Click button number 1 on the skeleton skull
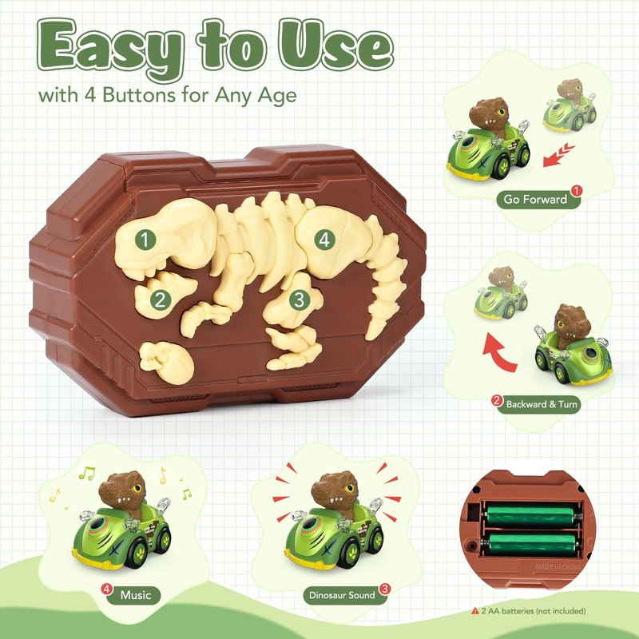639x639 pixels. click(x=145, y=239)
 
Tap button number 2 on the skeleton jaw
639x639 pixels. click(x=161, y=300)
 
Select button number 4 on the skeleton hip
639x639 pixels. click(x=324, y=240)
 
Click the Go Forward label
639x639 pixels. click(x=535, y=199)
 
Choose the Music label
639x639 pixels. click(x=135, y=595)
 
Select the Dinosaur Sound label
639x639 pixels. click(x=342, y=595)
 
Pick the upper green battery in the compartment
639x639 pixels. click(x=533, y=515)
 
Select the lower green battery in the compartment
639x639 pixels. click(x=533, y=544)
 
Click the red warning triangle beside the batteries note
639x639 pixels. click(x=475, y=611)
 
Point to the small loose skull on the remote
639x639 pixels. click(x=166, y=362)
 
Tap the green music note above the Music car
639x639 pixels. click(x=87, y=473)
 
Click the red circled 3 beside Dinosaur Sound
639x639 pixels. click(x=384, y=589)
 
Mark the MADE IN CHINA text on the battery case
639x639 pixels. click(x=558, y=566)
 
